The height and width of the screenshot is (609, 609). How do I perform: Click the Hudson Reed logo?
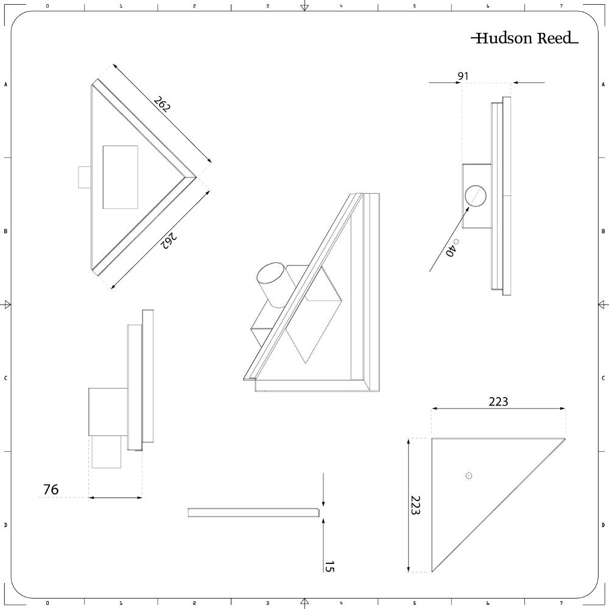click(x=524, y=38)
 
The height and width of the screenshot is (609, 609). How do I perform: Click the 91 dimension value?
click(x=463, y=76)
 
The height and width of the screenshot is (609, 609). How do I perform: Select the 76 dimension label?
click(x=51, y=489)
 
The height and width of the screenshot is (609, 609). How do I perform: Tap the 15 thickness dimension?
click(x=329, y=566)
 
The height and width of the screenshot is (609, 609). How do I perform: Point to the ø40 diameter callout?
click(x=451, y=249)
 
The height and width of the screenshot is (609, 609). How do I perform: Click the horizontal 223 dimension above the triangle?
click(x=498, y=401)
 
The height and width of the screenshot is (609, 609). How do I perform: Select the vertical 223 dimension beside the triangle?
click(x=415, y=505)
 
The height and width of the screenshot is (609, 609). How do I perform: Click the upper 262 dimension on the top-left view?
click(x=162, y=104)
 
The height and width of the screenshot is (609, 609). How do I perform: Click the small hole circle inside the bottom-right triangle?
click(x=468, y=476)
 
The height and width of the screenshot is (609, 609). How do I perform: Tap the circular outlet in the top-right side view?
click(x=476, y=196)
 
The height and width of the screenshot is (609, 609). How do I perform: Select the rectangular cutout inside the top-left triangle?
click(x=121, y=177)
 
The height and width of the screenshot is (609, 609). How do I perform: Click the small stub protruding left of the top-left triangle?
click(x=84, y=177)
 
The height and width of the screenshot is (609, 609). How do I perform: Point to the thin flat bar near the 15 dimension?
click(x=253, y=513)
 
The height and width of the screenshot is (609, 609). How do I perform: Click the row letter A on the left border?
click(x=6, y=85)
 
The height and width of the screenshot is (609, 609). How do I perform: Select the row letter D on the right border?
click(x=603, y=525)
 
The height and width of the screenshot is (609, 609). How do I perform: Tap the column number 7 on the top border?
click(x=561, y=5)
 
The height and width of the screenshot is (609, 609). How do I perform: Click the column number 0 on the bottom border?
click(x=48, y=604)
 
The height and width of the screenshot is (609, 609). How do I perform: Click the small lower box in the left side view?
click(x=106, y=452)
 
